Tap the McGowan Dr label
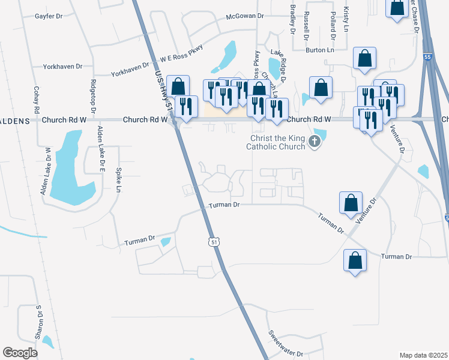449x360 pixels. (245, 16)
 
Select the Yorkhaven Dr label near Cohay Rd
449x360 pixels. (62, 67)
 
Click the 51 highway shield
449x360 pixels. (214, 241)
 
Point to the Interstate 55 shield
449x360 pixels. (427, 56)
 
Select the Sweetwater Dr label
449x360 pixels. (286, 344)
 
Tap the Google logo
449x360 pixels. (20, 352)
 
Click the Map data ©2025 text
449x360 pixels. (423, 355)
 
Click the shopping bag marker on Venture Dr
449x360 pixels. (351, 203)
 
